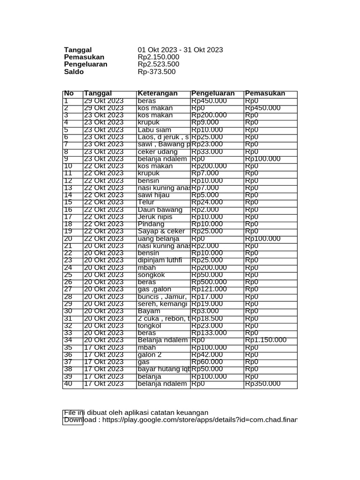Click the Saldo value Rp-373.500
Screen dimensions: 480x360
[157, 72]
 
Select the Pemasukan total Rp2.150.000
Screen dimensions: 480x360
[158, 57]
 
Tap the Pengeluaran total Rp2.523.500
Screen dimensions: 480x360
[158, 64]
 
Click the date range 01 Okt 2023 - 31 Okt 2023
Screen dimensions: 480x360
[180, 50]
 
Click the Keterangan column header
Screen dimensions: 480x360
[157, 93]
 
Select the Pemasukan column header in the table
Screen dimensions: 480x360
[265, 93]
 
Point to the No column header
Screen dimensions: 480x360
[69, 93]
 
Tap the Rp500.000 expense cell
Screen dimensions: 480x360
[209, 282]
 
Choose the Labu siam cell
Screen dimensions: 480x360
[154, 130]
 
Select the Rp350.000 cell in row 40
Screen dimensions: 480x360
[262, 384]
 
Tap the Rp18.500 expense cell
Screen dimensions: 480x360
[207, 318]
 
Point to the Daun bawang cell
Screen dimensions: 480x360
[160, 210]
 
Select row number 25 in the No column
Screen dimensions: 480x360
[68, 275]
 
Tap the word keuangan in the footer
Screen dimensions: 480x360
[192, 412]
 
